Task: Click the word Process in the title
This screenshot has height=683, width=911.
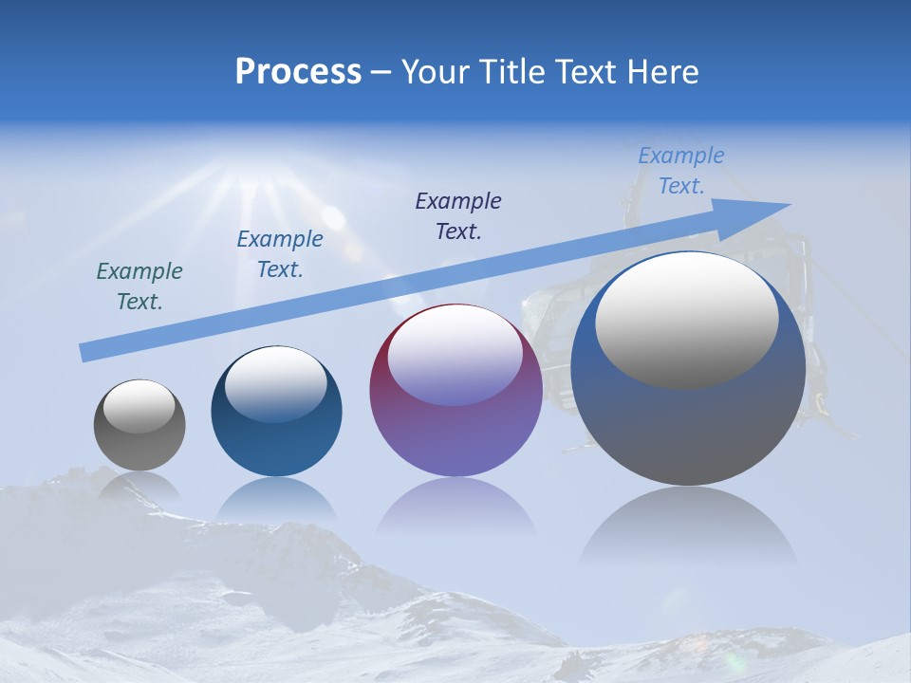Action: (x=298, y=72)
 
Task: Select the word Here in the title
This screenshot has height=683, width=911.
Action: (x=663, y=72)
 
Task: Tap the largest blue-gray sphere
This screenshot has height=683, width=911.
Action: (x=688, y=417)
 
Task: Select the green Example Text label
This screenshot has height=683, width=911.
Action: (x=139, y=286)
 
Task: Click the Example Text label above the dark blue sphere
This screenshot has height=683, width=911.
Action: (x=280, y=254)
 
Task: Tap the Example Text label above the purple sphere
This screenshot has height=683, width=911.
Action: (x=458, y=215)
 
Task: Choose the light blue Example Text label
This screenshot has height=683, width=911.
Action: (x=680, y=171)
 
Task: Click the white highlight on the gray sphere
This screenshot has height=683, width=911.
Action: (x=139, y=406)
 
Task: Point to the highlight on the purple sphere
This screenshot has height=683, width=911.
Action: (x=455, y=357)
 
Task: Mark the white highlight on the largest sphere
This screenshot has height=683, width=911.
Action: (x=687, y=320)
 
